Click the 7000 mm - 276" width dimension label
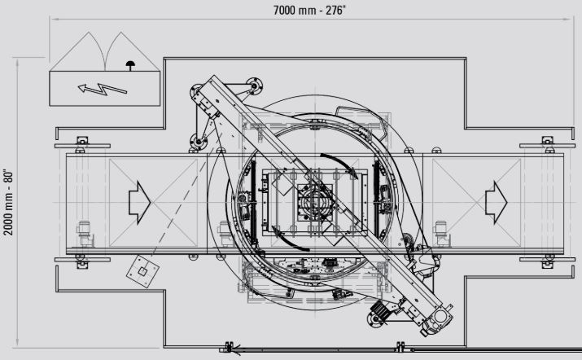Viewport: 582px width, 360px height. coord(309,10)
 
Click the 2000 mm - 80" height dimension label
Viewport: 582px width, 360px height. coord(8,203)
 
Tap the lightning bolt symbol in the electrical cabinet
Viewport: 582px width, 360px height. coord(102,89)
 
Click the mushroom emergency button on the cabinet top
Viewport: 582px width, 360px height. coord(130,65)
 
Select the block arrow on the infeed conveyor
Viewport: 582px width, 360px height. coord(139,203)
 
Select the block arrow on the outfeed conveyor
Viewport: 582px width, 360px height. coord(496,203)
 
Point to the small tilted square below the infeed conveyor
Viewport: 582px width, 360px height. coord(142,271)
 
